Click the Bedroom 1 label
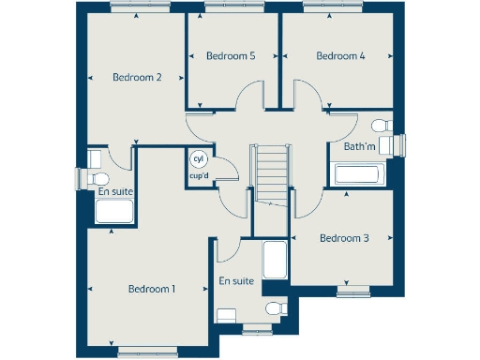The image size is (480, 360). click(x=152, y=289)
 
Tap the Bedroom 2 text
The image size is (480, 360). click(x=138, y=78)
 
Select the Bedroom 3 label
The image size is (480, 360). click(x=344, y=238)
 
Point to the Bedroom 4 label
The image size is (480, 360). click(x=340, y=56)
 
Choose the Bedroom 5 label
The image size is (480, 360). click(x=231, y=56)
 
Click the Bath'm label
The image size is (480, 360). click(x=359, y=147)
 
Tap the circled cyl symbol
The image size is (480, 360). click(x=199, y=159)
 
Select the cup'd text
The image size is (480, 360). click(x=199, y=175)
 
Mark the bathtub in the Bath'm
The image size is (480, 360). click(x=356, y=174)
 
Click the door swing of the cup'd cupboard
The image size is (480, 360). click(x=227, y=176)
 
